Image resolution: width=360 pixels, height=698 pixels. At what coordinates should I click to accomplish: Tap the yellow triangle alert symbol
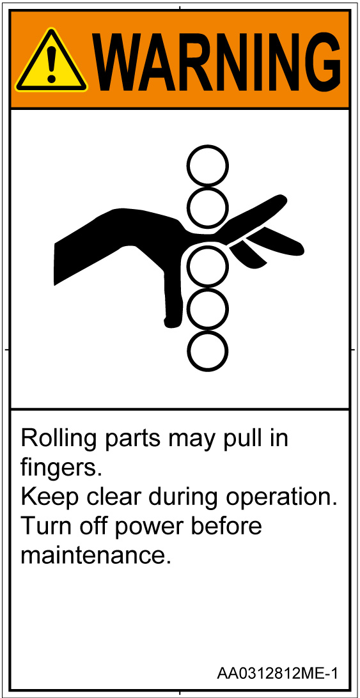pos(51,61)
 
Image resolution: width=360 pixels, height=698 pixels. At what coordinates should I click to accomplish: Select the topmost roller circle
pos(207,166)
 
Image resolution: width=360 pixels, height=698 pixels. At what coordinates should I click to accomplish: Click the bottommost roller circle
pos(207,351)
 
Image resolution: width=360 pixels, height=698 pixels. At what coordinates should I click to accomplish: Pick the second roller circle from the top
pos(207,208)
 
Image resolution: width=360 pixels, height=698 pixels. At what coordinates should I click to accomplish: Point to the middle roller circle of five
pos(207,266)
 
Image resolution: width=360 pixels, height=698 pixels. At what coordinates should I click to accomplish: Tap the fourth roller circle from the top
pos(207,309)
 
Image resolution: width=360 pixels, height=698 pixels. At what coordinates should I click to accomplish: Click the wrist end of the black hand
pos(55,263)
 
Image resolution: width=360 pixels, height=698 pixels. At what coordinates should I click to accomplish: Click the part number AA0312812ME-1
pos(277,673)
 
